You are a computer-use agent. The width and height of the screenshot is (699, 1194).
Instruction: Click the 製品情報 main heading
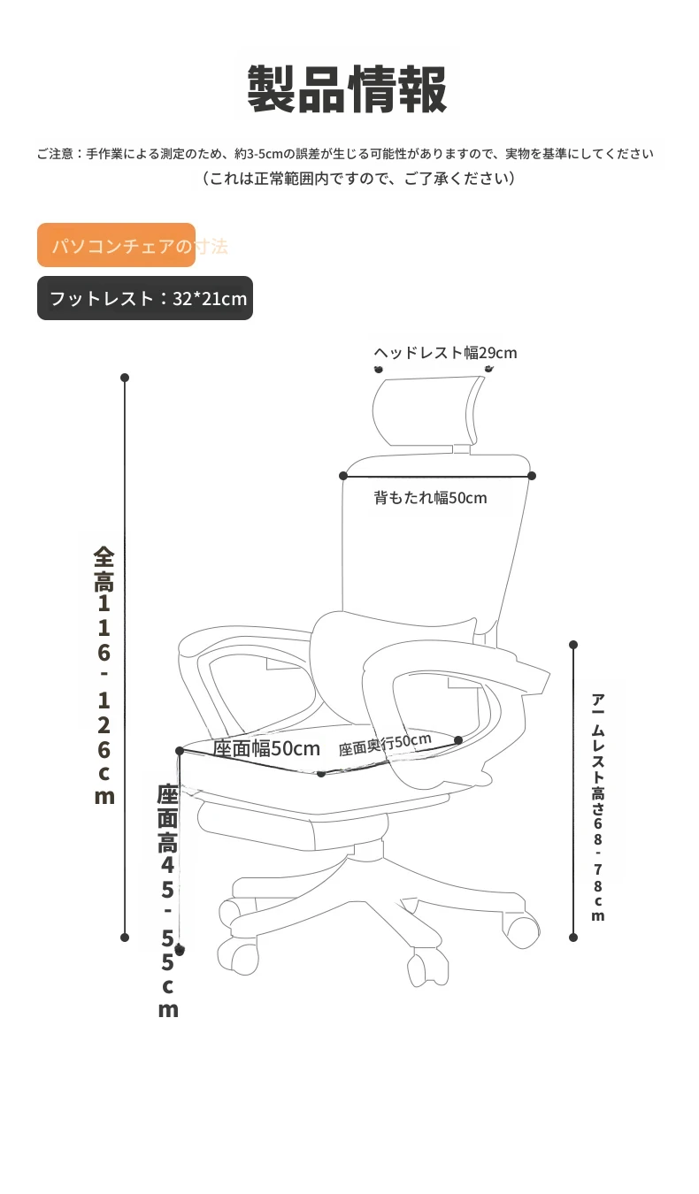click(347, 89)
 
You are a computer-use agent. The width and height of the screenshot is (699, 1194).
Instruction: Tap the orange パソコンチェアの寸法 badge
click(116, 245)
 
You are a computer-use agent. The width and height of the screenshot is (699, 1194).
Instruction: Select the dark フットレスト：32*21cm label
click(145, 298)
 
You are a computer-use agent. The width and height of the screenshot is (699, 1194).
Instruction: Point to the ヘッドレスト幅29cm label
click(445, 353)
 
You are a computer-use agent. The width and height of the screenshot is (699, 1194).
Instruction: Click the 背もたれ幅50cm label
click(430, 498)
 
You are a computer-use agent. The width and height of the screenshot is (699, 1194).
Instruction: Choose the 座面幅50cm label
click(266, 748)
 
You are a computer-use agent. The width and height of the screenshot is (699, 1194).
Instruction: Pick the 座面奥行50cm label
click(385, 745)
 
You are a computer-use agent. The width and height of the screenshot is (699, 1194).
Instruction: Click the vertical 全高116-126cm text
click(104, 676)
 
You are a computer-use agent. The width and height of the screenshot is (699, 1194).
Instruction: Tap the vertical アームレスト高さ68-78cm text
click(598, 807)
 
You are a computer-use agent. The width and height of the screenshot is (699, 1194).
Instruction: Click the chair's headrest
click(426, 410)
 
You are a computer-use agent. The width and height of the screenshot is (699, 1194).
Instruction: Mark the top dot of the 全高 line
click(125, 378)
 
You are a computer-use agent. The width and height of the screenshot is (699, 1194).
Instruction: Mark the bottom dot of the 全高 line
click(125, 938)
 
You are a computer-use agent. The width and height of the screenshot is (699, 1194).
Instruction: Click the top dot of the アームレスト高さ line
click(573, 645)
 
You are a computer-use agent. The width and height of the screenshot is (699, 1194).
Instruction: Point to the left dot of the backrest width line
click(343, 476)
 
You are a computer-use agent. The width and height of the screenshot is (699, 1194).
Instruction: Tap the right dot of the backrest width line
click(532, 476)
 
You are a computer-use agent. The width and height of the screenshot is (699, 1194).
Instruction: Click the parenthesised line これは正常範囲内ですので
click(359, 178)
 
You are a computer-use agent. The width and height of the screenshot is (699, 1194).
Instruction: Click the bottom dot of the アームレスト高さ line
click(573, 938)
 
